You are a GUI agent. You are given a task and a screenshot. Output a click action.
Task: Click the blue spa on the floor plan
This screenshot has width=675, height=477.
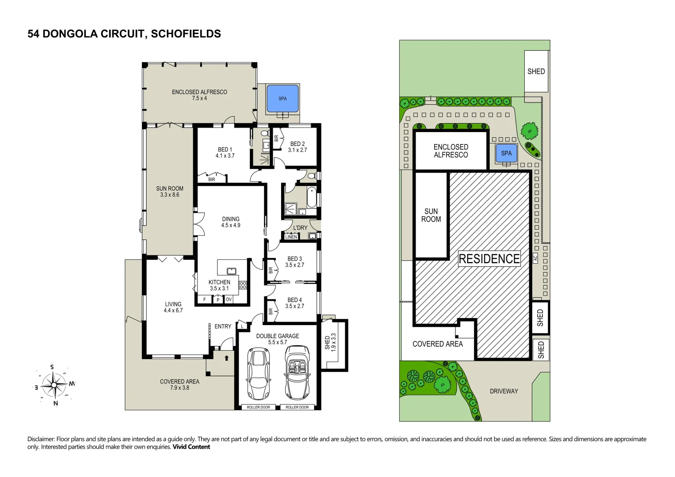tap(282, 98)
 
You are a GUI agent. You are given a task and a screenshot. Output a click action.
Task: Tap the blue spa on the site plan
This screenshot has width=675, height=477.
tap(506, 153)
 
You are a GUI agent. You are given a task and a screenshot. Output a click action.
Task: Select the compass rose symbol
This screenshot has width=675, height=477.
tap(53, 385)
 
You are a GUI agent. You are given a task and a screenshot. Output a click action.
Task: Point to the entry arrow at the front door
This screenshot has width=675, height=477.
tap(227, 358)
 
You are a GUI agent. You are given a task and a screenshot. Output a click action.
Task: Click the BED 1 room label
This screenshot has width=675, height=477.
tap(225, 152)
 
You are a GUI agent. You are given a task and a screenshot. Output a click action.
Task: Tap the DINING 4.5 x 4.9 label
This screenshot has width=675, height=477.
tap(231, 222)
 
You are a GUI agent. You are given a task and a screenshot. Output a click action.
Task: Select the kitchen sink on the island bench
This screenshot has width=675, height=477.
tap(232, 271)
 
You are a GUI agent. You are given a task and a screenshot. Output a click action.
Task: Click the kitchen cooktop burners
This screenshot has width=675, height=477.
tap(243, 285)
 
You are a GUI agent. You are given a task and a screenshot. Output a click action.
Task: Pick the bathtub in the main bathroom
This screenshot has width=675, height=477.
tap(312, 197)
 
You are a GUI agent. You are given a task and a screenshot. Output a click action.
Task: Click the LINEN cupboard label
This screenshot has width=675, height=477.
tap(291, 237)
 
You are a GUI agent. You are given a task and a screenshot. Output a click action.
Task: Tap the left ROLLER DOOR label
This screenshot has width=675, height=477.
tap(259, 407)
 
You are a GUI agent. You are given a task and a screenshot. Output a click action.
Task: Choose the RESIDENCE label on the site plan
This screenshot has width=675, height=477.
tap(489, 259)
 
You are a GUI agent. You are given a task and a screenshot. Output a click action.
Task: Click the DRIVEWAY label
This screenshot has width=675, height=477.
tap(504, 391)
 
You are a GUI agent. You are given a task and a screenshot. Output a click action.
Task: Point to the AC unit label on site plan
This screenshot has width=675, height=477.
tap(535, 258)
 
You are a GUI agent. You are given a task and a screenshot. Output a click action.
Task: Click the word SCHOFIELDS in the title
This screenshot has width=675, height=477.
tap(186, 34)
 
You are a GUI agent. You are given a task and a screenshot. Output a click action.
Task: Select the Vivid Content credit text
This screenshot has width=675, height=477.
tap(191, 447)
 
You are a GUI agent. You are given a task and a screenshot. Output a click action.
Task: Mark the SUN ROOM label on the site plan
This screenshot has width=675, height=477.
tap(431, 216)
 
